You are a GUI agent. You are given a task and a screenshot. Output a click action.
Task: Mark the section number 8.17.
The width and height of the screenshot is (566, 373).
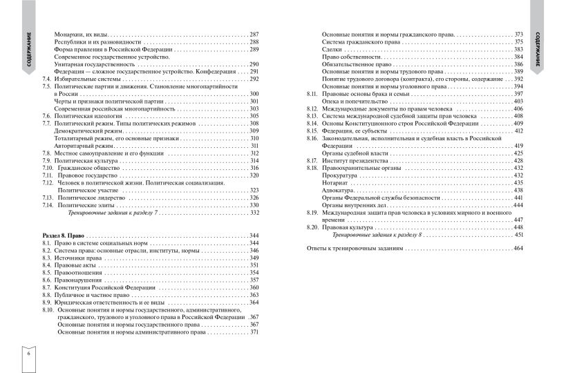click(312, 160)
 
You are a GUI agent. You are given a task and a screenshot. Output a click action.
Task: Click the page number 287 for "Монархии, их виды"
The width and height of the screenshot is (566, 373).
click(254, 34)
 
